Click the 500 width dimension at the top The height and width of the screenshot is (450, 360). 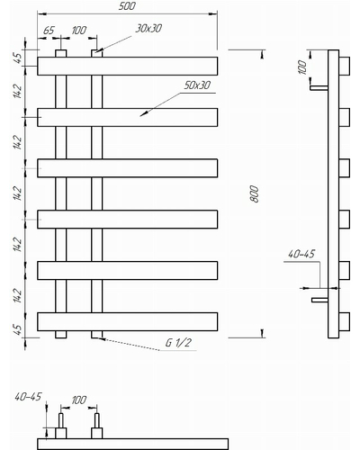[x=127, y=6]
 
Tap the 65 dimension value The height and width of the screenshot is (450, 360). [x=49, y=31]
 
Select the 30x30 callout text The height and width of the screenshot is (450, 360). [x=148, y=28]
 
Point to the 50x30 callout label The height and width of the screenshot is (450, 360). [x=197, y=85]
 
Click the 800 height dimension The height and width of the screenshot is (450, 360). [x=254, y=193]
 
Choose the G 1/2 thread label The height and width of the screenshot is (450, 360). [x=178, y=342]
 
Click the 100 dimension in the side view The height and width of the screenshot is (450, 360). [x=302, y=67]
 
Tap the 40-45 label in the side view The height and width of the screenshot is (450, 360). [x=301, y=254]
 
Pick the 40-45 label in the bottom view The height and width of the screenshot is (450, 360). [x=28, y=397]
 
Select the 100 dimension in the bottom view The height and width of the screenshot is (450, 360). [x=78, y=400]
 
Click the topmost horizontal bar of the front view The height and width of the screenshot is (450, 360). [x=127, y=66]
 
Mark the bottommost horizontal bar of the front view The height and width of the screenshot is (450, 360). [x=127, y=321]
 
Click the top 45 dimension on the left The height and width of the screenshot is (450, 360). [x=18, y=58]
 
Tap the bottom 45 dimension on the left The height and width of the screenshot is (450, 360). [x=18, y=329]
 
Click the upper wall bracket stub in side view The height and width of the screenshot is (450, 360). [x=319, y=87]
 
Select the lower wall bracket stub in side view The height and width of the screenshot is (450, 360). [x=319, y=300]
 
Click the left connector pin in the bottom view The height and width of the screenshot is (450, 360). [x=60, y=420]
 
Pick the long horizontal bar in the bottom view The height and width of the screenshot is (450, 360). [x=132, y=445]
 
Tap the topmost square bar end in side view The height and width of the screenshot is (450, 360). [x=345, y=66]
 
